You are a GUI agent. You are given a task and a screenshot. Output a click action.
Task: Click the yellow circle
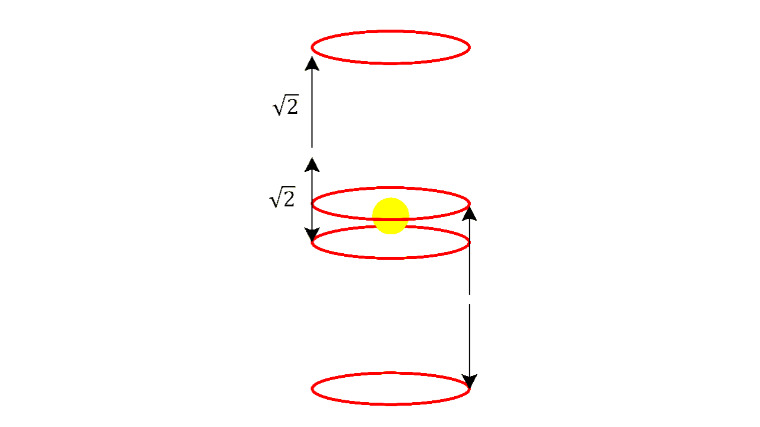click(x=391, y=216)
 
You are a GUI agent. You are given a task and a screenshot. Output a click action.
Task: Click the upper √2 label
click(x=285, y=107)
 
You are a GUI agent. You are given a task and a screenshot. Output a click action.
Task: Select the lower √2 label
click(x=283, y=199)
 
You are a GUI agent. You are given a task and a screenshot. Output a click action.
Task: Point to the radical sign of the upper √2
click(x=277, y=108)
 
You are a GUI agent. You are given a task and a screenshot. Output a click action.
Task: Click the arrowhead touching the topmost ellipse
click(x=312, y=63)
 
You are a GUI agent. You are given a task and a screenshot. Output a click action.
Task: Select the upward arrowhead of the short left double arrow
click(x=312, y=165)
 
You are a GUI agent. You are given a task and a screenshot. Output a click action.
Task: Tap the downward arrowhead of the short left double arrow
click(x=312, y=235)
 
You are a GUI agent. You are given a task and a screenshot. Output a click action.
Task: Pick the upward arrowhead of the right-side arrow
click(x=470, y=212)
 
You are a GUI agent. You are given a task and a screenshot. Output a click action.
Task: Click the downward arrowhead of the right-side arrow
click(x=470, y=381)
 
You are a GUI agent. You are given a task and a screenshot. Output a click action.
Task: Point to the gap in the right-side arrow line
click(x=470, y=299)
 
